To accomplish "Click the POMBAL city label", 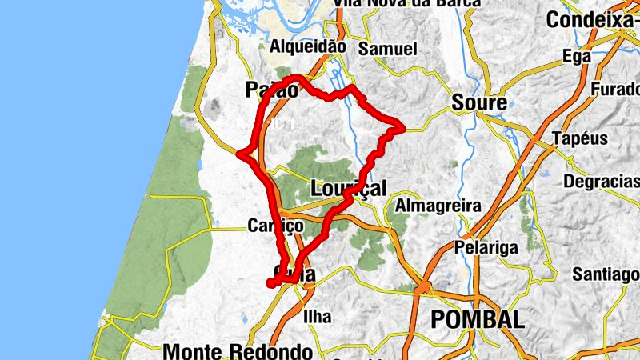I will point(478,320).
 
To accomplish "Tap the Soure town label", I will point(479,103).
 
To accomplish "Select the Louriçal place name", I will point(348,189).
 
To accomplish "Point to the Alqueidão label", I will point(308,46).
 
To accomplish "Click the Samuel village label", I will point(388,49).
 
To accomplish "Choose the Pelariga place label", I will point(482,247).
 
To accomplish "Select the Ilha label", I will point(318,317).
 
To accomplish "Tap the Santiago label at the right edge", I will point(606,275).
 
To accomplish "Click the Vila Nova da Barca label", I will point(407,3).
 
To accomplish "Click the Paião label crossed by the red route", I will point(272,90).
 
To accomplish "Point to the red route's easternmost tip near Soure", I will point(404,126).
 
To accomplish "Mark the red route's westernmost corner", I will point(240,152).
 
